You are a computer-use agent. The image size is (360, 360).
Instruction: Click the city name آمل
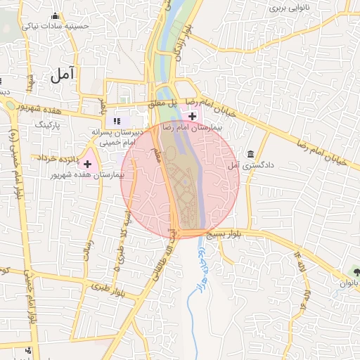coord(63,75)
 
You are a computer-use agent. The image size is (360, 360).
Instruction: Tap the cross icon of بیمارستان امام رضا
coord(193,115)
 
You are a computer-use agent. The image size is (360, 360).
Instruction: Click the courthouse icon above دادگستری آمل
coord(251,154)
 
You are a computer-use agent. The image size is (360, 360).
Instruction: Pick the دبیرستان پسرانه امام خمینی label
coord(117,136)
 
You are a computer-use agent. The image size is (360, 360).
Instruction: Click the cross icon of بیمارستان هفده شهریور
coord(88,163)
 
